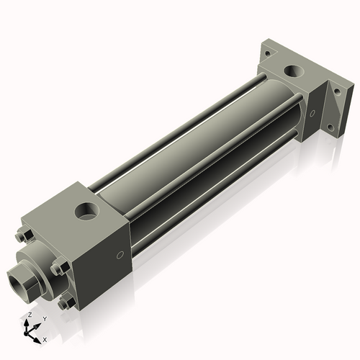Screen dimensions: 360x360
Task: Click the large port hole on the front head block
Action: (87, 212)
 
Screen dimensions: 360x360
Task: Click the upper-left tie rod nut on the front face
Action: (23, 235)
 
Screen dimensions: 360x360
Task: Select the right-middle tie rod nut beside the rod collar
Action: (60, 268)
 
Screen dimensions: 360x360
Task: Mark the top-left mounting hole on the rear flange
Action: (266, 53)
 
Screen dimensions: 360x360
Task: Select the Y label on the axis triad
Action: (45, 318)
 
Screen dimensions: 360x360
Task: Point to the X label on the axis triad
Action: (45, 338)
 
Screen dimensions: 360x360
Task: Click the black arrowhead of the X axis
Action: (37, 336)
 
